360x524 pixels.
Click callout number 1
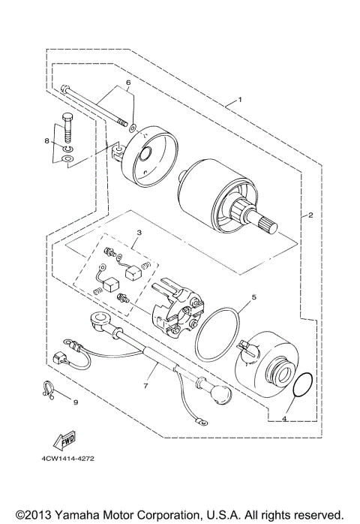[240, 100]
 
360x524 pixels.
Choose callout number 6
[128, 82]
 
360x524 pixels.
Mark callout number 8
[46, 140]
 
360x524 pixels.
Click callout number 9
[75, 402]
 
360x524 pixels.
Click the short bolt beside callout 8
[67, 128]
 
